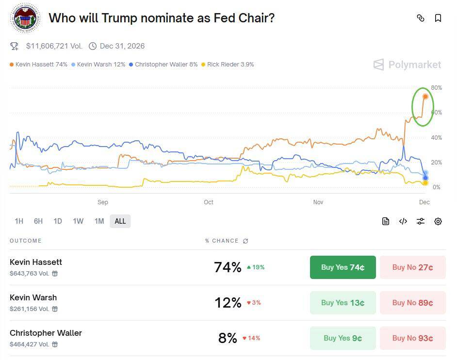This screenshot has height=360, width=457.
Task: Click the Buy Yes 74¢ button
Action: pos(343,267)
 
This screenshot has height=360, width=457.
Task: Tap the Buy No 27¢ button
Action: pos(412,267)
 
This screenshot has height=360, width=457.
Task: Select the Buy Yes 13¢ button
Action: pos(343,303)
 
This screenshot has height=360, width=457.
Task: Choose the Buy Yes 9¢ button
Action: pos(343,338)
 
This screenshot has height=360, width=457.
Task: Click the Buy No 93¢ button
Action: pos(412,338)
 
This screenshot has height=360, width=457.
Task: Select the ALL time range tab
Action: pos(120,221)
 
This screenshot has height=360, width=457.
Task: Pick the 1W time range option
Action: pos(78,221)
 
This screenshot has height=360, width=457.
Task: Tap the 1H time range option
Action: pos(19,221)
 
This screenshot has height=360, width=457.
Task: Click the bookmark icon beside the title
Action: pos(438,18)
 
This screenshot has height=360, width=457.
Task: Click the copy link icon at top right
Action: pos(421,18)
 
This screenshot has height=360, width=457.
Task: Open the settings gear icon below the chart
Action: pos(438,221)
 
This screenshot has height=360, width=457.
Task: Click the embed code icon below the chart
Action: pos(403,221)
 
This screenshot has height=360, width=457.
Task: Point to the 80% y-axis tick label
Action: pos(436,88)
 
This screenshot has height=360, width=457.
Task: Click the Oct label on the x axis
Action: pos(208,202)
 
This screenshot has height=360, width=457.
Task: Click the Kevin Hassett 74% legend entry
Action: pos(38,65)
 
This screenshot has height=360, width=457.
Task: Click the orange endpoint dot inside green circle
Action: pos(425,96)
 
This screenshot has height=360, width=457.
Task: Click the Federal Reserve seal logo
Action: pos(25,18)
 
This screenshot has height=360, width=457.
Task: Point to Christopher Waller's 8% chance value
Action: pos(228,338)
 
